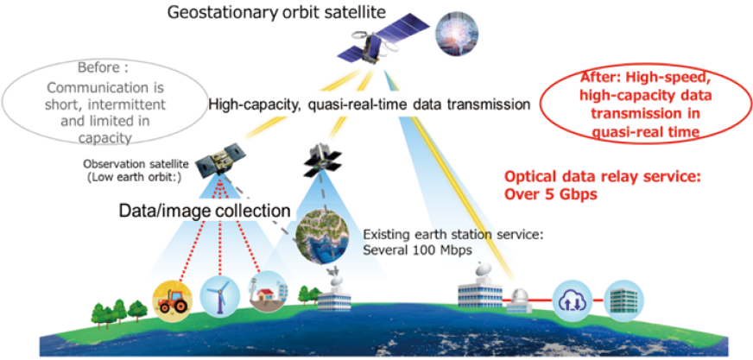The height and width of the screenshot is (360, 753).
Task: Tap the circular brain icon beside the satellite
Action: (453, 36)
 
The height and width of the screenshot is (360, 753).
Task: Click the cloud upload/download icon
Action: (573, 300)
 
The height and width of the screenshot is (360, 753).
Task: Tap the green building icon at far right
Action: (623, 300)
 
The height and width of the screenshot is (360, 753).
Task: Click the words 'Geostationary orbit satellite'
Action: (276, 12)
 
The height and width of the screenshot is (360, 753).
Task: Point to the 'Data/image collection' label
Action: (205, 211)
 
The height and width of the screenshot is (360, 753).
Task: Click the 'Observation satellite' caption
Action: (136, 163)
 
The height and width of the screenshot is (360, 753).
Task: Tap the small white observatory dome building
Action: (520, 300)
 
